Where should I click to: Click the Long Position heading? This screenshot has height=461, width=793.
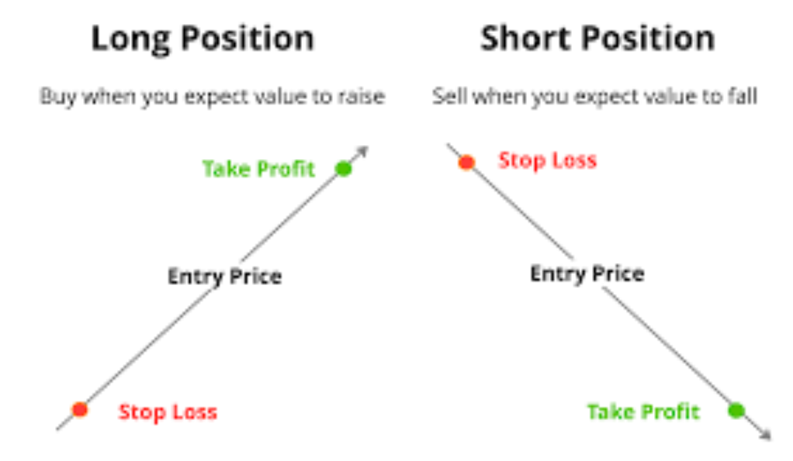[x=203, y=40]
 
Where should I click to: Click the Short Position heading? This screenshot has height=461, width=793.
[x=597, y=39]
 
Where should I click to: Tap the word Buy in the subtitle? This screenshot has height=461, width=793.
[x=57, y=97]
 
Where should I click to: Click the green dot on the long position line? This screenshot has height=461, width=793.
[x=344, y=168]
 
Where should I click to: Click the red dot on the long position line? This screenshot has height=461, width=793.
[x=80, y=409]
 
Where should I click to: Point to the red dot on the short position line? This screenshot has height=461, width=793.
[x=466, y=162]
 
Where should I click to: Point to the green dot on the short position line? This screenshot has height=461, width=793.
[x=736, y=410]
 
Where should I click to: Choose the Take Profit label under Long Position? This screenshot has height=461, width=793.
[x=258, y=169]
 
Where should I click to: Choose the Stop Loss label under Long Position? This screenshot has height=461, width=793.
[x=168, y=412]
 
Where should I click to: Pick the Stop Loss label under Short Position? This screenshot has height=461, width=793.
[x=548, y=161]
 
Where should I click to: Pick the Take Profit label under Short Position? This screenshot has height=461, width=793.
[x=643, y=412]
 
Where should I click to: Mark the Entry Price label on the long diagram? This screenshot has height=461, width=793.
[x=224, y=276]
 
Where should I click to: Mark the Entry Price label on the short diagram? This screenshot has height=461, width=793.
[x=587, y=274]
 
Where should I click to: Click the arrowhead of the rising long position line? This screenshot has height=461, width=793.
[x=362, y=152]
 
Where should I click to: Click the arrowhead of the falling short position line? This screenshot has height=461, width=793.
[x=766, y=434]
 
